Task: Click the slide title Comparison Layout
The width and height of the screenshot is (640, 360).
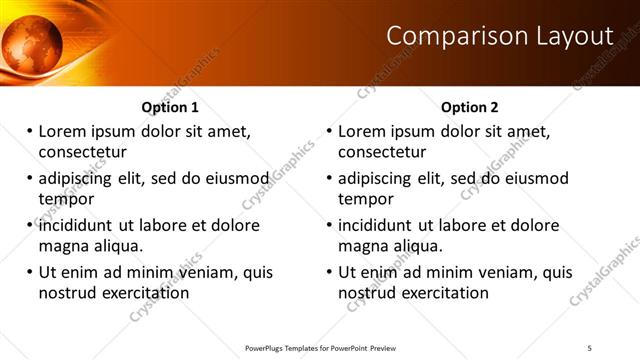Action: (499, 37)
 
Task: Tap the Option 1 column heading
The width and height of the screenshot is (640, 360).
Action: (170, 107)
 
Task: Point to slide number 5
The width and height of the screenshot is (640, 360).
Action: (590, 347)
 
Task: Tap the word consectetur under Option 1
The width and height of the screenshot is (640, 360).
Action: (82, 152)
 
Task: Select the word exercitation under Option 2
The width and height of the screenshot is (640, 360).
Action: (440, 293)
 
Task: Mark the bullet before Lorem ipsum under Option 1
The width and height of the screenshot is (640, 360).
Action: (30, 131)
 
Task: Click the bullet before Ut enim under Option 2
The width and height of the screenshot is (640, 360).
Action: (330, 272)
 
